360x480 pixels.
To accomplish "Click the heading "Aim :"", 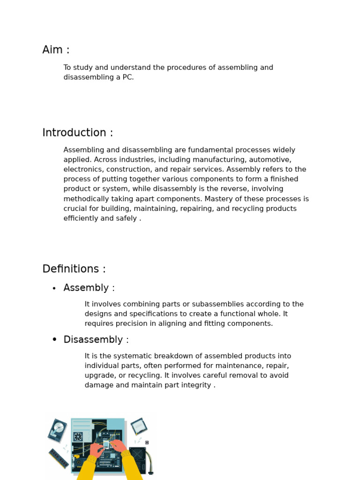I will tap(56, 50).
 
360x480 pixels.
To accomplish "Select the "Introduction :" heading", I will tap(77, 133).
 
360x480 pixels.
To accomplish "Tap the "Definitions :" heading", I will tap(74, 269).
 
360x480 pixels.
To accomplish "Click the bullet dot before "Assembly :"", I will tap(54, 289).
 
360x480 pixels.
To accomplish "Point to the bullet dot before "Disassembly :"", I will tap(54, 340).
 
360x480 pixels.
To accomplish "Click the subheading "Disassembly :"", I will tap(96, 340).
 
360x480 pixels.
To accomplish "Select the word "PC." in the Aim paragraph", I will tap(128, 77).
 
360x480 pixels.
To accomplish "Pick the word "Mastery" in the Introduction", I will tap(219, 199).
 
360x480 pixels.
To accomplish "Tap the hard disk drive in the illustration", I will tap(58, 430).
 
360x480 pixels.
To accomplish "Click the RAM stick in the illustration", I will tap(59, 458).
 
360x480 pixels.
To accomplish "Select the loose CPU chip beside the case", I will tap(139, 426).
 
